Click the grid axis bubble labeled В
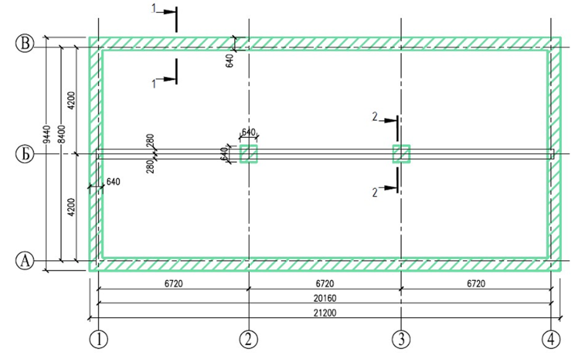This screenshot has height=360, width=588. tap(26, 45)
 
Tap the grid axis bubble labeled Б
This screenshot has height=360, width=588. tap(26, 154)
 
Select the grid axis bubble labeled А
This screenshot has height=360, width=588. tap(26, 260)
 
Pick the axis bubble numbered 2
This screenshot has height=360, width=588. tap(249, 339)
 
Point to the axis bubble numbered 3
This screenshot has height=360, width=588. tap(402, 339)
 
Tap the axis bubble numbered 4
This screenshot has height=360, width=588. tap(551, 339)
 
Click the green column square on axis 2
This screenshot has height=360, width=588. tap(249, 154)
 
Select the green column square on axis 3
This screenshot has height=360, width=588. tap(401, 154)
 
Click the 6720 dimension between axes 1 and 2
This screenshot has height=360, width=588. tap(173, 283)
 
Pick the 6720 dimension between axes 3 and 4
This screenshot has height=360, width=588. tap(476, 283)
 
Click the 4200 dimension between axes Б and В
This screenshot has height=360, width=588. tap(72, 100)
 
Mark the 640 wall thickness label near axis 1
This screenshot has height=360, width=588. tap(113, 181)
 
